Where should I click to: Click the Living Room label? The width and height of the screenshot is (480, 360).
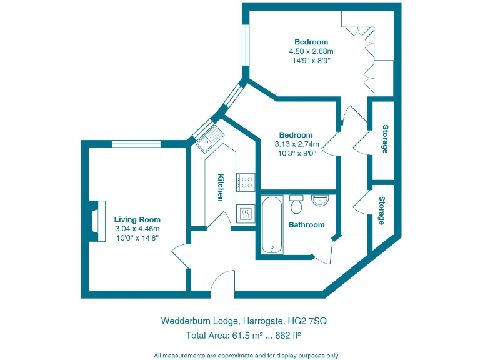tap(137, 220)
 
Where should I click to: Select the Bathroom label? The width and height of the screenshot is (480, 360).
tap(306, 225)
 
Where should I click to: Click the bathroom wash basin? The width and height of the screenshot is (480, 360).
tap(321, 201)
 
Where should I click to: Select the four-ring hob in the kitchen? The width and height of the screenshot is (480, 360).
tap(246, 182)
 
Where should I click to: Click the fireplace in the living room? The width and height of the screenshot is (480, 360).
tap(96, 221)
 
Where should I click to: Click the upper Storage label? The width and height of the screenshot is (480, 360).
tap(385, 139)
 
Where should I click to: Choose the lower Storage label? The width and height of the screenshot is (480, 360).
tap(381, 211)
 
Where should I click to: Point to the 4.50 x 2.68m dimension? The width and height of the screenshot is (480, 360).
tap(311, 52)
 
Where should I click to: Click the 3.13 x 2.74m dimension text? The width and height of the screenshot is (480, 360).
tap(296, 144)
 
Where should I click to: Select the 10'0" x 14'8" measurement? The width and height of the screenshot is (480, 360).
tap(137, 237)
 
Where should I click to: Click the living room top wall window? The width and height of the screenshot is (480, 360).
tap(137, 144)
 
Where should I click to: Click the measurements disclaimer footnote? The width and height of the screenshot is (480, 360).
tap(246, 355)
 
